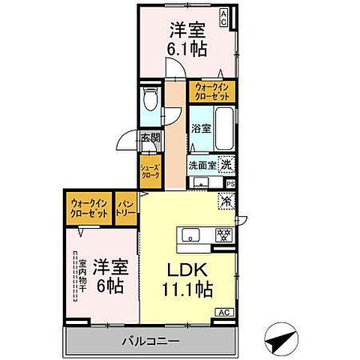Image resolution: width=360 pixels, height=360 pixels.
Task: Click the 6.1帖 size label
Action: coord(188,49)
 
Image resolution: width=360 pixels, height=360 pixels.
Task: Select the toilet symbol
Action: coord(150,100)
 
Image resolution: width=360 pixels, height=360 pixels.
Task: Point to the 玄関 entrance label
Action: coord(150,137)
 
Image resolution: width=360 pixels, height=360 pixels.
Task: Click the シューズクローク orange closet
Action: coord(149,169)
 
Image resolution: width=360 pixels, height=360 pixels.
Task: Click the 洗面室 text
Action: coord(202,164)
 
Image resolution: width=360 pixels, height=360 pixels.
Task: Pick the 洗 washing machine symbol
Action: coord(225,163)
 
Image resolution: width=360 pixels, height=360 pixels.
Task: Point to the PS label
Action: coord(230,183)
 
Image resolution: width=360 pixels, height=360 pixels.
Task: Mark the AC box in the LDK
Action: coord(223,311)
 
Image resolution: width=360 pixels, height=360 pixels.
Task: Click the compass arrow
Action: coord(279,340)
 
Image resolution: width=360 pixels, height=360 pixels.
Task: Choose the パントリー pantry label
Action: coord(125,208)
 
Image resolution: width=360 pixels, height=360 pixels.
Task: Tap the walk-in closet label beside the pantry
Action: coord(89,208)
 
